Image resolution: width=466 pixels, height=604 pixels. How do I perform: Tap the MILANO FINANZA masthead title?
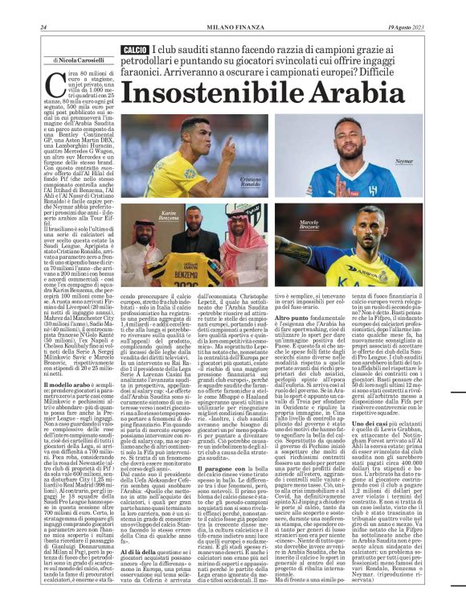[232, 27]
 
